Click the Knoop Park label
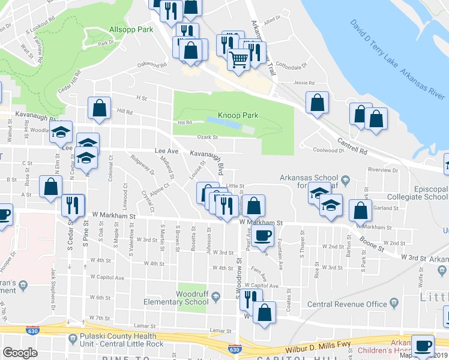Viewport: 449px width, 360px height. coord(238,115)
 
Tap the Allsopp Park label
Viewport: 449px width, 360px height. coord(128,29)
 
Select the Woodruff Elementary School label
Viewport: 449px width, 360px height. coord(192,298)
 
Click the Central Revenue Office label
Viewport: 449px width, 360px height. coord(348,304)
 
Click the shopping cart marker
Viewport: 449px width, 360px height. coord(239,60)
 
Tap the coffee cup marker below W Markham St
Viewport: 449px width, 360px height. coord(263,236)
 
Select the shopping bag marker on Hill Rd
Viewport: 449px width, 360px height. coord(100,108)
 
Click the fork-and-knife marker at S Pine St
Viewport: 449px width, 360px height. coord(70,205)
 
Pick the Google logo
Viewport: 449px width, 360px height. coord(20,353)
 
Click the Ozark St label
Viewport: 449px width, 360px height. coord(206,137)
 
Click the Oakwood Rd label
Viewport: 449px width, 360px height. coord(151,64)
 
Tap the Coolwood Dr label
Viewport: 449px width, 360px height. coord(327,151)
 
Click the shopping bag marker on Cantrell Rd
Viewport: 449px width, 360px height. coord(317,103)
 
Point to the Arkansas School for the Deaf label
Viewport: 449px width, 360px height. coord(309,181)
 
